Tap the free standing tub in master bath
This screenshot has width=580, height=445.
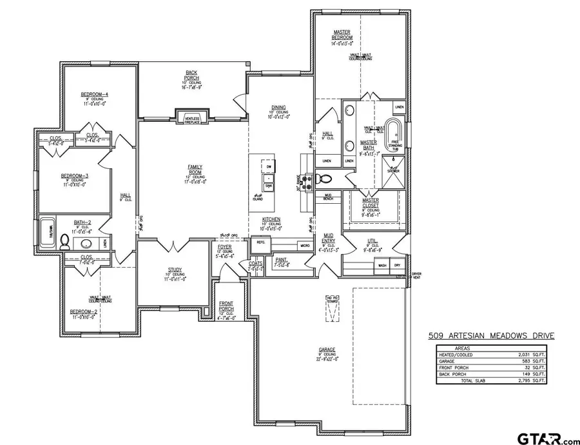(391, 133)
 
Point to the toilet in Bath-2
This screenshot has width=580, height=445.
(64, 242)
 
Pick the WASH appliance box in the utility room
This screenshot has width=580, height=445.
(383, 265)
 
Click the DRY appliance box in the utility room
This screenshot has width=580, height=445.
(397, 265)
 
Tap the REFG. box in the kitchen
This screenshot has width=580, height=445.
(261, 242)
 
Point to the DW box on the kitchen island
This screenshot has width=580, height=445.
(269, 167)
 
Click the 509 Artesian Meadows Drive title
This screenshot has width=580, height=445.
(491, 335)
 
